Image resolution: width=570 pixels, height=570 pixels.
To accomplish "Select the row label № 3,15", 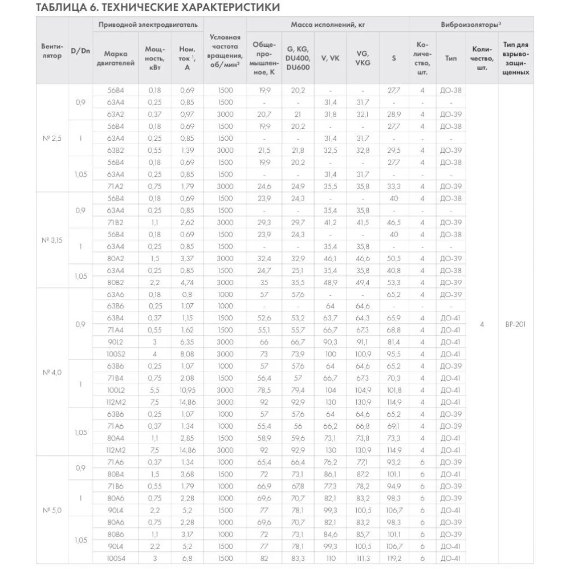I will click(x=52, y=241).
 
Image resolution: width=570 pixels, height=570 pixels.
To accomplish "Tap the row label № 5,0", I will click(x=52, y=510).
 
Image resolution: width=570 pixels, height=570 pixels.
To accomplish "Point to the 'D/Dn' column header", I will click(x=80, y=51).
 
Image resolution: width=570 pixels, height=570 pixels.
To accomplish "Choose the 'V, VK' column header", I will click(x=331, y=58).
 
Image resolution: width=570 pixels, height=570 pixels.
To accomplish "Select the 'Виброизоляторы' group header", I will click(x=471, y=25).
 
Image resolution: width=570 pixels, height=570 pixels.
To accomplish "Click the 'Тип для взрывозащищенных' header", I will click(x=516, y=58).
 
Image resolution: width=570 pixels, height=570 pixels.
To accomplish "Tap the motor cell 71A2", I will click(x=116, y=186).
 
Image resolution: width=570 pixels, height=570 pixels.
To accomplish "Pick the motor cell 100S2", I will click(x=116, y=354).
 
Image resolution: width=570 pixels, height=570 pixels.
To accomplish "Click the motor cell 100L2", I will click(x=116, y=390).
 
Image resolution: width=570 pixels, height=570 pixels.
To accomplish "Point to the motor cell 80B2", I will click(x=116, y=282).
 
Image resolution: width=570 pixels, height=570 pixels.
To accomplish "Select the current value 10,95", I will click(x=187, y=390).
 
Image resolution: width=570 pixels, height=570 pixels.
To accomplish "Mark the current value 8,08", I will click(x=187, y=354).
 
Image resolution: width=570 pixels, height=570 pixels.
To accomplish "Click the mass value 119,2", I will click(x=394, y=559).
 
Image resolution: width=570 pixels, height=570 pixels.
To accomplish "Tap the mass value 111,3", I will click(x=363, y=559).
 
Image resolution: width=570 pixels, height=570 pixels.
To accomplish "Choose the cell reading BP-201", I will click(x=516, y=324).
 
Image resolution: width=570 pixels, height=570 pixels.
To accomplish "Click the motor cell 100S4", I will click(x=116, y=559).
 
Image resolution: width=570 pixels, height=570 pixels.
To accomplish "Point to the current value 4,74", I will click(x=187, y=282).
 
